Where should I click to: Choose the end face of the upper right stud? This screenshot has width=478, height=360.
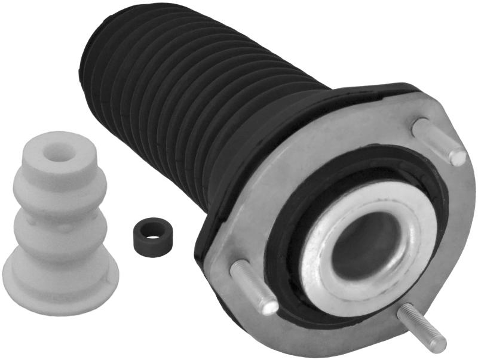click(x=458, y=157)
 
